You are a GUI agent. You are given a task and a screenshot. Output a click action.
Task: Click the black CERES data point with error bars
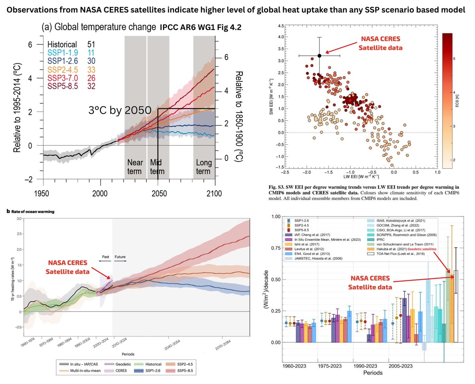319,56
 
